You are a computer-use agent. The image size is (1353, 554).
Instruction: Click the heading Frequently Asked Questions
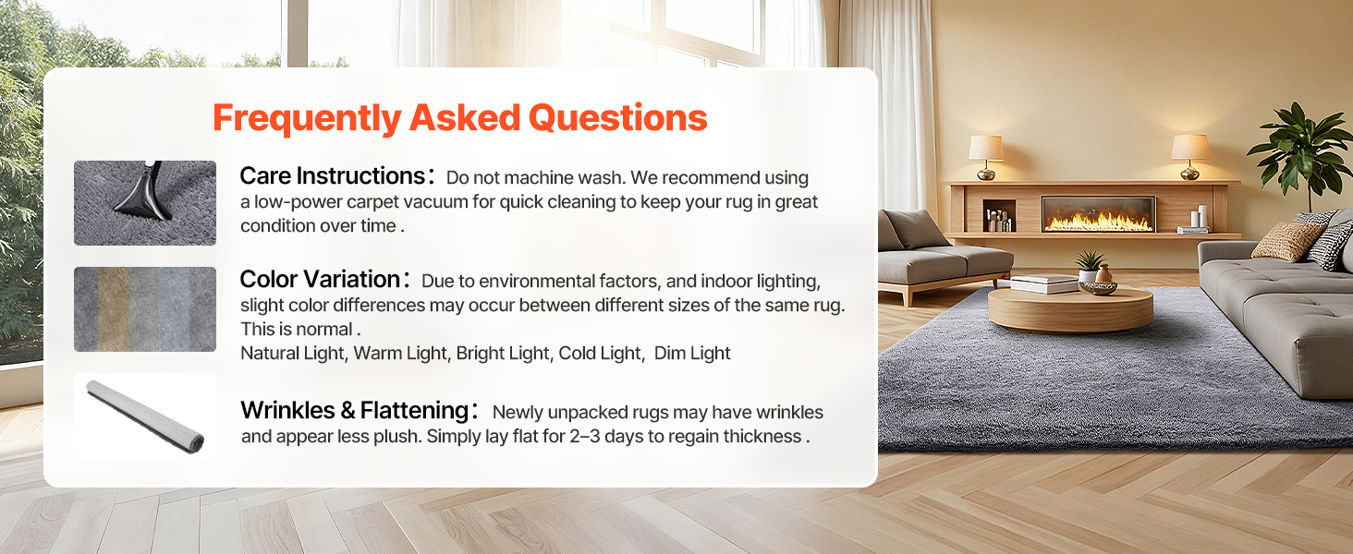click(x=459, y=118)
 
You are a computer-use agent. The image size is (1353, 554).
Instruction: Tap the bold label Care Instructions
click(x=333, y=176)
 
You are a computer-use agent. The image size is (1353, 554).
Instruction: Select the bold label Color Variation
click(x=320, y=280)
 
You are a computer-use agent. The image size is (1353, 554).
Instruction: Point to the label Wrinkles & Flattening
click(x=355, y=410)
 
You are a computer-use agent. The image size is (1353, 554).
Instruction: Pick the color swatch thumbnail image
click(x=145, y=309)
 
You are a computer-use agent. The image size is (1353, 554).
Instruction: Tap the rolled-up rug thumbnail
click(x=145, y=415)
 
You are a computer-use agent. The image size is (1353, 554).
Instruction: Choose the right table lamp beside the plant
click(x=1190, y=156)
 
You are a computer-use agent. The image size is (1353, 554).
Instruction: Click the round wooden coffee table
click(x=1070, y=309)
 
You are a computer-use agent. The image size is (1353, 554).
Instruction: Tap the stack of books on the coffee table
click(x=1043, y=283)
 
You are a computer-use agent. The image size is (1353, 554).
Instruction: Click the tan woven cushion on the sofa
click(x=1286, y=241)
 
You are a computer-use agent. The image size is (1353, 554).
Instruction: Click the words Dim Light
click(x=692, y=353)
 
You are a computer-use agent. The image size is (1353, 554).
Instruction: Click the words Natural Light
click(x=293, y=353)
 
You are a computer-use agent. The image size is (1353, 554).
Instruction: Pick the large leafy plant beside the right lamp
click(x=1302, y=151)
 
